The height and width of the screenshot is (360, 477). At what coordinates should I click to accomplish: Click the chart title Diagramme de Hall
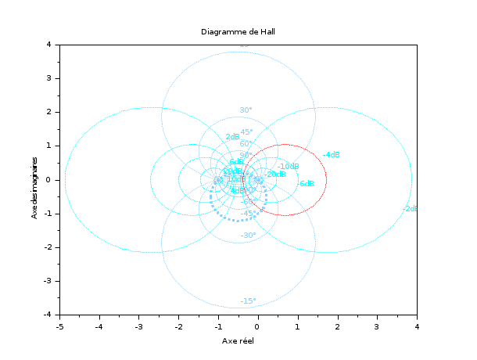(238, 31)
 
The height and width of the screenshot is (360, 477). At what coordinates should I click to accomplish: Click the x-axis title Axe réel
(238, 341)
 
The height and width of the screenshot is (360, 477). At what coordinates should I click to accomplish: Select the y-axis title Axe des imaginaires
(36, 179)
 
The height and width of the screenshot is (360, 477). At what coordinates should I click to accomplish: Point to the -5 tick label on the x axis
(59, 326)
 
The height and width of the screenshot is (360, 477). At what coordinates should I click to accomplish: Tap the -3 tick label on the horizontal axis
(138, 326)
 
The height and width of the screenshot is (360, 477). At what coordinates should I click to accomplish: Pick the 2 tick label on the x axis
(337, 326)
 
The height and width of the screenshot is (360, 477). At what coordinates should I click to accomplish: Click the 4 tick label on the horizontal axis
(417, 326)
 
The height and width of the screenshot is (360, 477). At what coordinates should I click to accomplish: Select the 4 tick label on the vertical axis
(49, 45)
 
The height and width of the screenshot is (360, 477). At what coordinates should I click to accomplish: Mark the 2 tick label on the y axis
(49, 112)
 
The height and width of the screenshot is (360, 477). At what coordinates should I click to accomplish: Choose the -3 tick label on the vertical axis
(48, 280)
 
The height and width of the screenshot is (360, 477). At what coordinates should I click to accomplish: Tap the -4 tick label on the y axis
(48, 314)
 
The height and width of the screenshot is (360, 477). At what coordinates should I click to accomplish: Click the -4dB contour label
(331, 155)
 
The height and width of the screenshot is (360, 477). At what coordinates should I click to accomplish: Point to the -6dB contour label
(306, 184)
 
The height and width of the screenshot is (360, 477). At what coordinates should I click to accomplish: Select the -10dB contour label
(288, 166)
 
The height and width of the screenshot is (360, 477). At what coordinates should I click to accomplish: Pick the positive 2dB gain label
(232, 137)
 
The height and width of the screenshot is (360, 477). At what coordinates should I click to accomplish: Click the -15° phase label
(248, 301)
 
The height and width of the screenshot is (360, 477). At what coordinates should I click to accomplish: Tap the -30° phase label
(248, 236)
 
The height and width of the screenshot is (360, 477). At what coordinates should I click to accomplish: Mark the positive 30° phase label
(246, 110)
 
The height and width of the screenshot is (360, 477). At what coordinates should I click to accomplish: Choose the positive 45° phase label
(246, 132)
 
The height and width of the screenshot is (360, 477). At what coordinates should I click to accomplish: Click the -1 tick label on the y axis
(48, 213)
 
